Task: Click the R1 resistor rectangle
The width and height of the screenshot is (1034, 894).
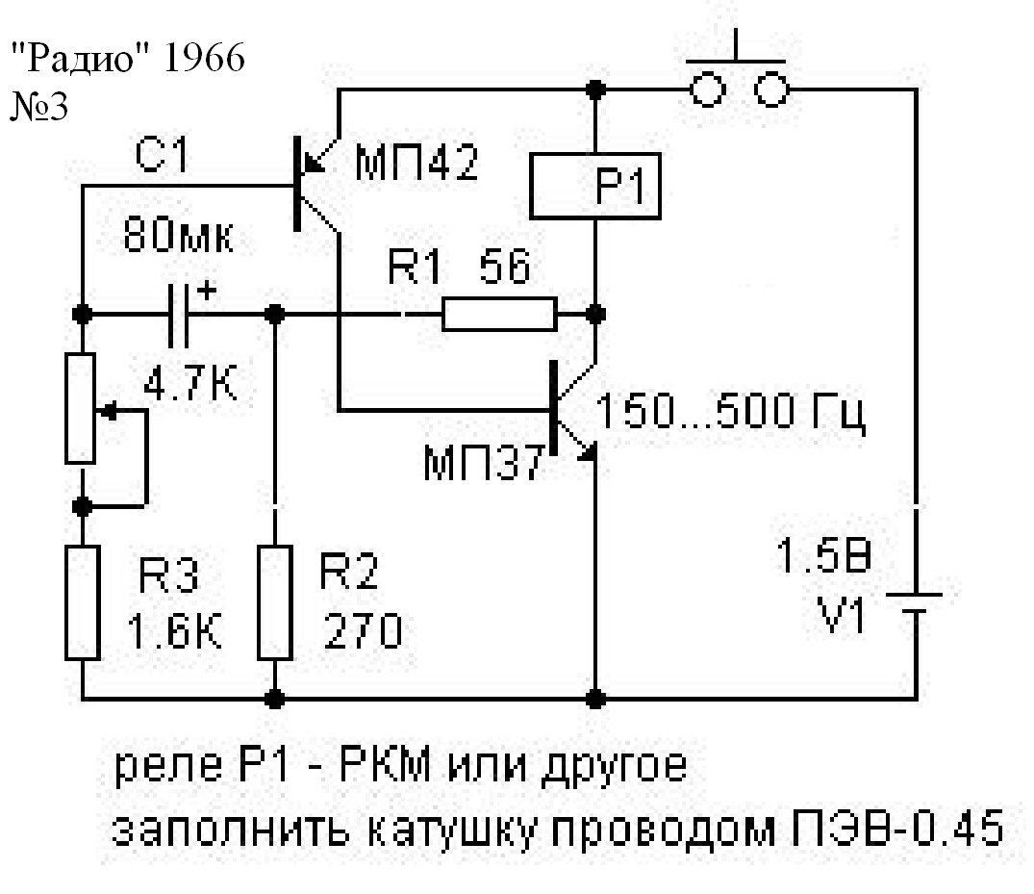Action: [498, 314]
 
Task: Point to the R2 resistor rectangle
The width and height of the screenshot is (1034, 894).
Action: [276, 601]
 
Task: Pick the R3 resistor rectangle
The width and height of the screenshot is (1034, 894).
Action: [83, 601]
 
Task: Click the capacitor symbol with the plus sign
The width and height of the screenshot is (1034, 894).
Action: [180, 314]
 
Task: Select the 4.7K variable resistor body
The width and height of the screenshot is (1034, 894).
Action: [83, 409]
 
